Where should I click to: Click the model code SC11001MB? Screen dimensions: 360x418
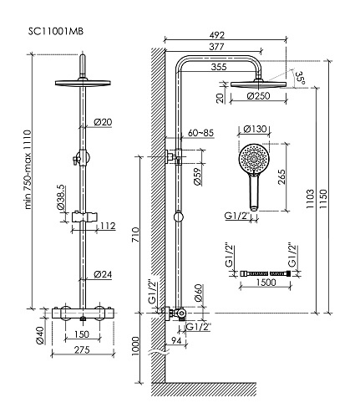click(x=56, y=31)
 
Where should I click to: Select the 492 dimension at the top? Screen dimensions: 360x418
click(x=217, y=35)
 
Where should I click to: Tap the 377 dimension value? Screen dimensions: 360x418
click(x=216, y=46)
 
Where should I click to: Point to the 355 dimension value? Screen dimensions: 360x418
click(x=219, y=67)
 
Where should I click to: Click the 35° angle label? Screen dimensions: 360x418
click(x=301, y=78)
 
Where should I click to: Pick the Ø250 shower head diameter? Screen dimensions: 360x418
click(x=258, y=96)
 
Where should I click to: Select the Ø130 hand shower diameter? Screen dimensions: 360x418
click(x=255, y=129)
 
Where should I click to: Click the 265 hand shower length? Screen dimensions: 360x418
click(x=281, y=176)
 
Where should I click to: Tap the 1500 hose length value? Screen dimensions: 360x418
click(x=266, y=283)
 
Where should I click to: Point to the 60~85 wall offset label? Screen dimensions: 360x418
click(x=200, y=133)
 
